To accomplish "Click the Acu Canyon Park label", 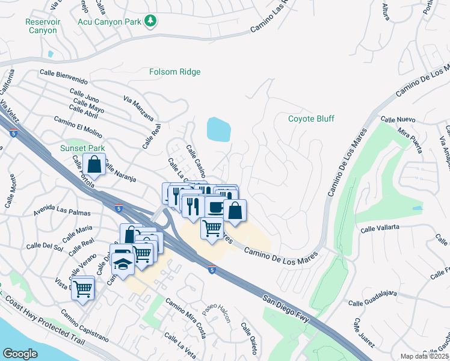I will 108,22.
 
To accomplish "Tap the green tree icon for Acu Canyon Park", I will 150,22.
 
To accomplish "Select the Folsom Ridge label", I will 174,72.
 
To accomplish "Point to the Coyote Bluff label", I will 311,119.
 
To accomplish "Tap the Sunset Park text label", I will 82,148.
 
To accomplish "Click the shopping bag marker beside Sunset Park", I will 94,164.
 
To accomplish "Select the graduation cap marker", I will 123,264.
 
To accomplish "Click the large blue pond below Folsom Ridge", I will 218,129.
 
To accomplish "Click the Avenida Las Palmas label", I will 62,213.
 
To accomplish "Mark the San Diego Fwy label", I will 285,307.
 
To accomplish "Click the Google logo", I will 20,354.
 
